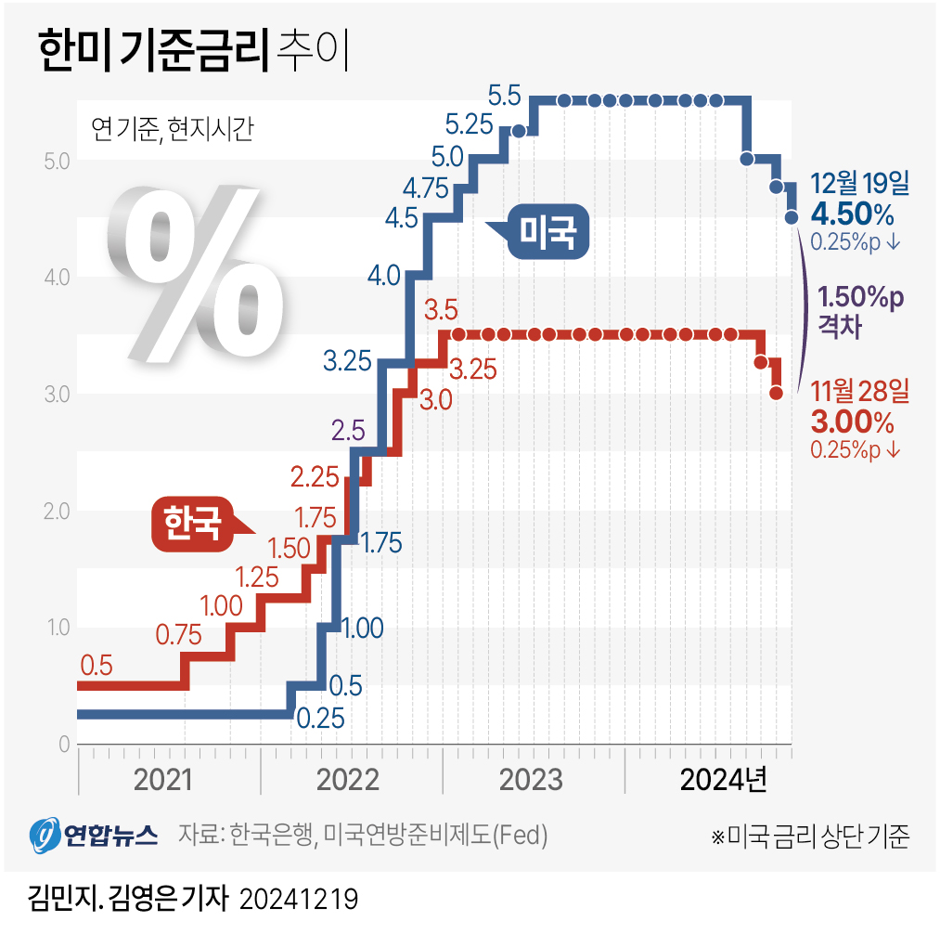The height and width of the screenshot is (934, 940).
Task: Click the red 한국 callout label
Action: pos(193,524)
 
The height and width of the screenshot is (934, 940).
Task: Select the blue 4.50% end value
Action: pos(852,215)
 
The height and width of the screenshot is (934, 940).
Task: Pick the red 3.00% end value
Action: pos(852,422)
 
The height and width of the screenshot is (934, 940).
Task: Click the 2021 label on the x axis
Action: pos(163,779)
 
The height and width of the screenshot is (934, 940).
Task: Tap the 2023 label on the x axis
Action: pos(531,779)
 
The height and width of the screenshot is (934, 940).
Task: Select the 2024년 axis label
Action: pos(723,779)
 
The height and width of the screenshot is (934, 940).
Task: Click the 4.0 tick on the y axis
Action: pos(57,277)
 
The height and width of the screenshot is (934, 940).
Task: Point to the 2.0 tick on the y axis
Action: pos(57,511)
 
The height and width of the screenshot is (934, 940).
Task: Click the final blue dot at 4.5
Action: pos(791,217)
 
